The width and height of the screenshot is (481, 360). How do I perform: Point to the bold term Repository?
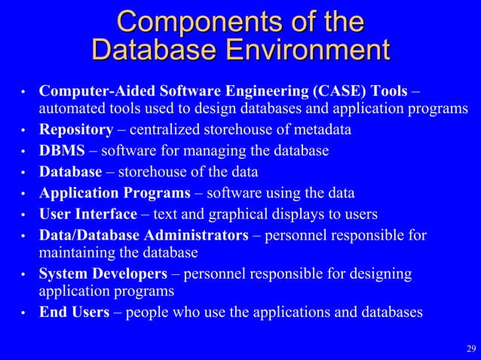pyautogui.click(x=76, y=130)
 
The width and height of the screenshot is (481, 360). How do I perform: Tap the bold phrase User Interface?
pyautogui.click(x=88, y=214)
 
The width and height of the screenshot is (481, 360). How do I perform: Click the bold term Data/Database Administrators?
pyautogui.click(x=143, y=236)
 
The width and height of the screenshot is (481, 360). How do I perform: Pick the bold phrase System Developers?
pyautogui.click(x=103, y=273)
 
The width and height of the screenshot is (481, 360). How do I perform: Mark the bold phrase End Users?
pyautogui.click(x=74, y=312)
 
